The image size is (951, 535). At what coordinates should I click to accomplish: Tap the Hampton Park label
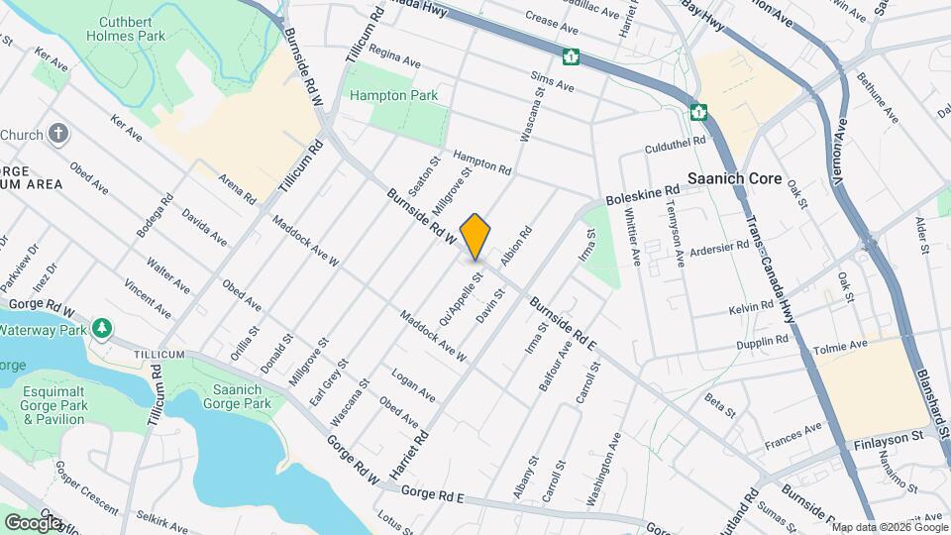coord(393,96)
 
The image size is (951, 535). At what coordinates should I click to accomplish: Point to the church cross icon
coord(58,135)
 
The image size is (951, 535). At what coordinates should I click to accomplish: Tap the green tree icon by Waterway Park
coord(101,328)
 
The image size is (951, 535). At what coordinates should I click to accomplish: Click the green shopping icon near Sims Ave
coord(571,56)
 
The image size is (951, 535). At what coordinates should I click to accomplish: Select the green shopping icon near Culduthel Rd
coord(698,112)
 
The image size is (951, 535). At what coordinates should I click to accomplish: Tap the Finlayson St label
coord(888,435)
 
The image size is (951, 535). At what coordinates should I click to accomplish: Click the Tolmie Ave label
coord(843,346)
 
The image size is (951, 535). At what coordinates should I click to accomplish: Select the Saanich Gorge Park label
coord(237,396)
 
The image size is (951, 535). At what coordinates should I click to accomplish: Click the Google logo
coord(33,522)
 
